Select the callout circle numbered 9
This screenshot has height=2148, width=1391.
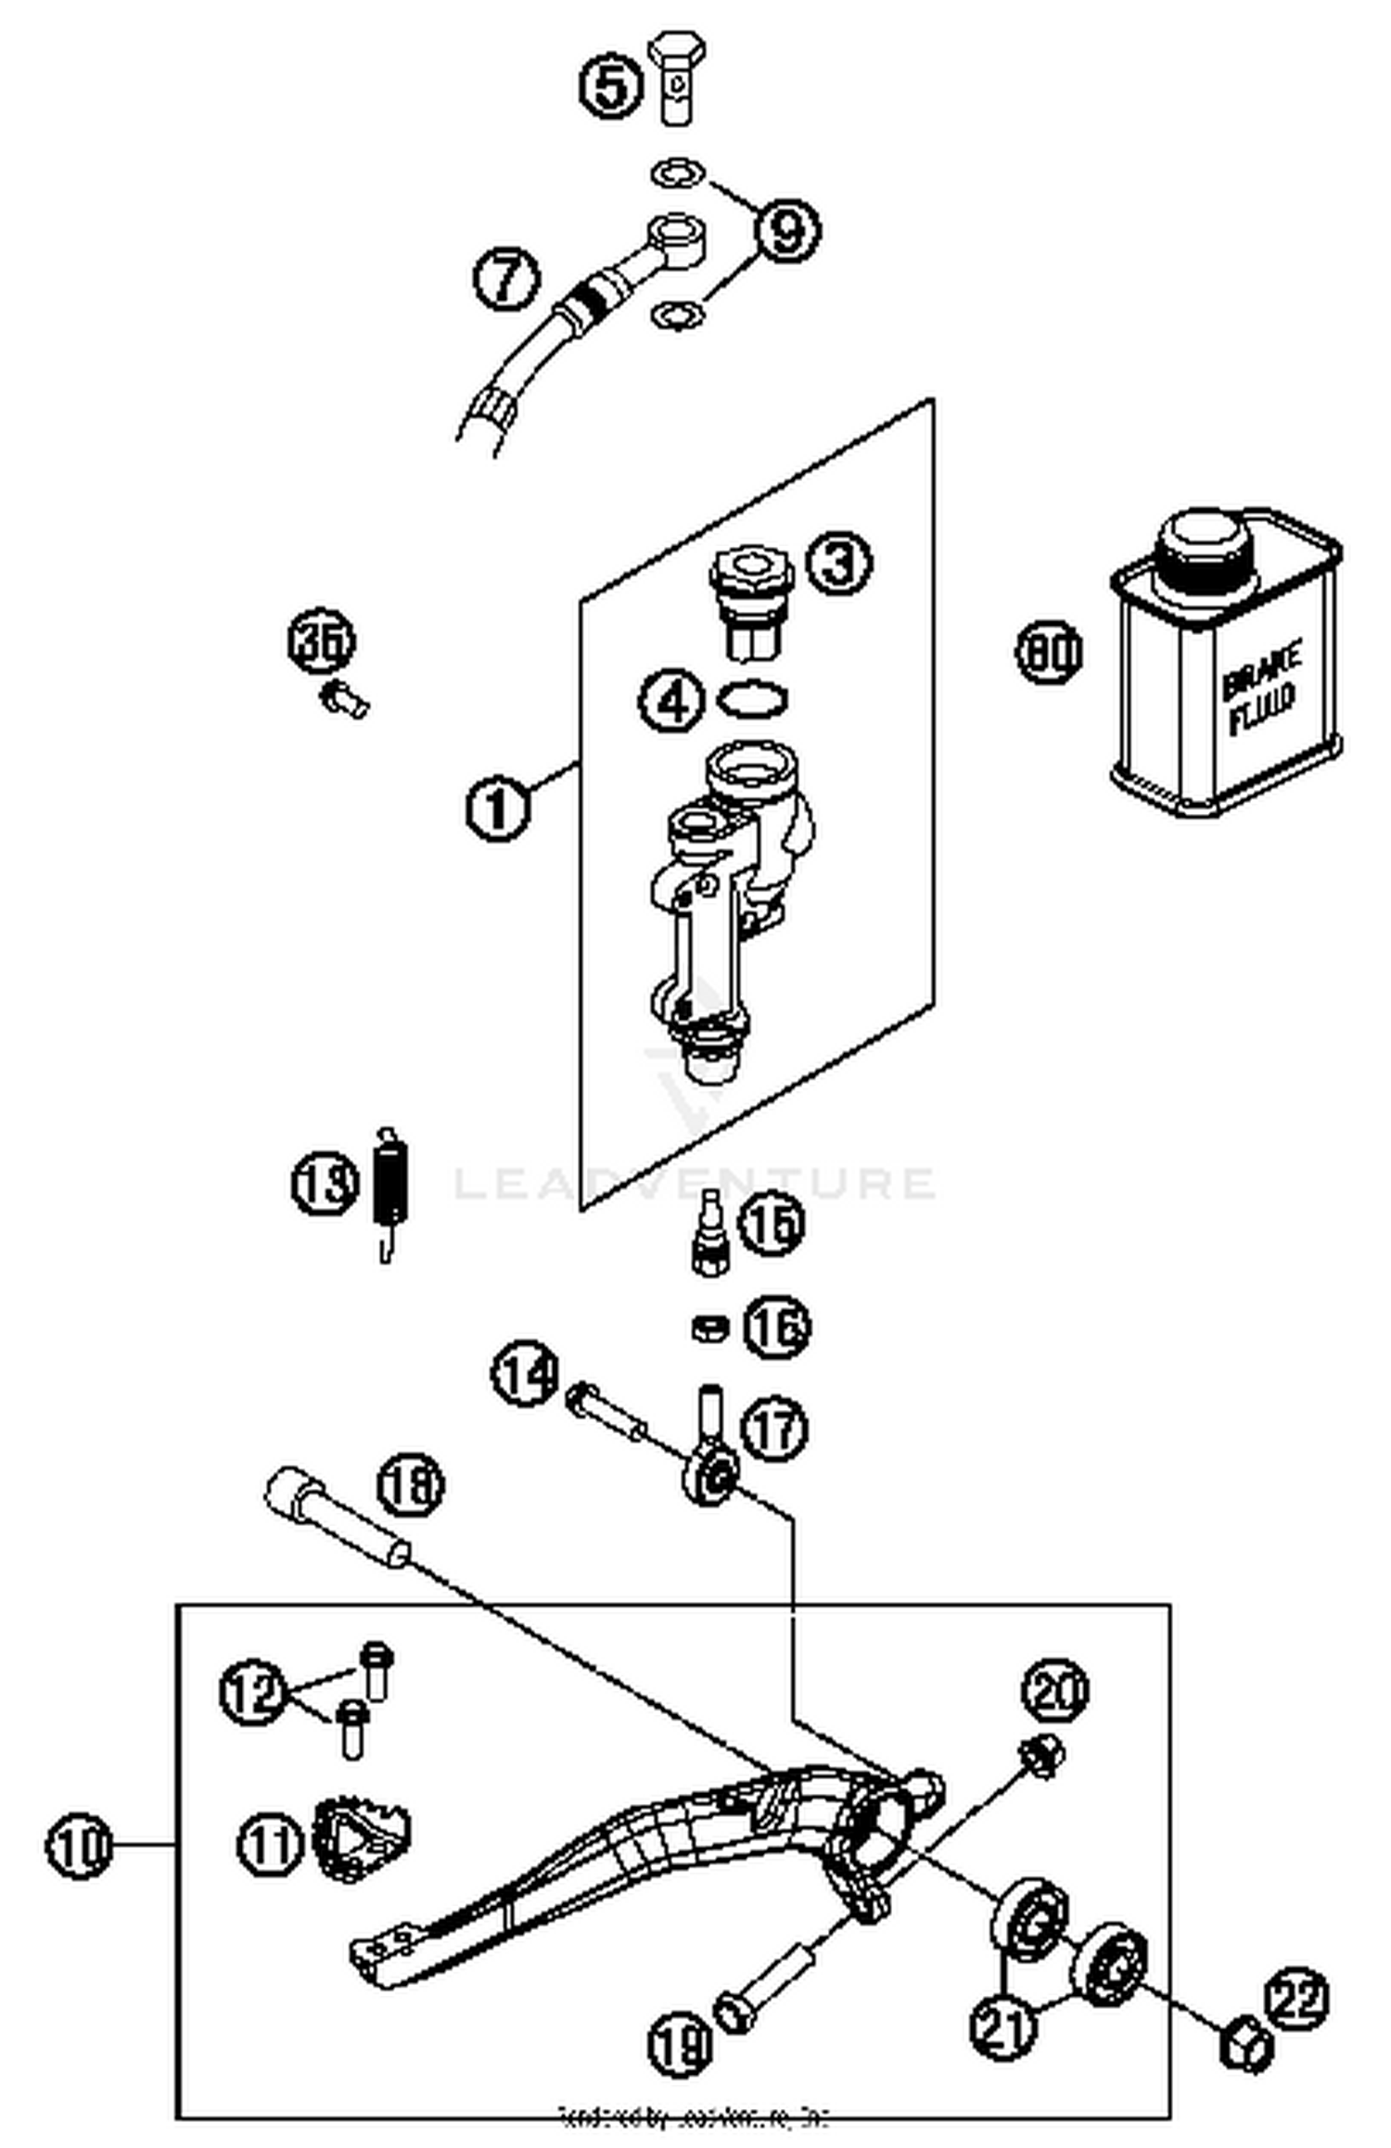[787, 229]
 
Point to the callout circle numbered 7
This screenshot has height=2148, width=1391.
[506, 277]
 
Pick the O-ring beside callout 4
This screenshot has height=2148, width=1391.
[753, 699]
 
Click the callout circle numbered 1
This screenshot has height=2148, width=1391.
[498, 807]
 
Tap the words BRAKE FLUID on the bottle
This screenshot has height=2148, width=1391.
[1261, 688]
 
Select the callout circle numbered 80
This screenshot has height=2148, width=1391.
[1048, 652]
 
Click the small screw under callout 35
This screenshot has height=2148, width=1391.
[344, 697]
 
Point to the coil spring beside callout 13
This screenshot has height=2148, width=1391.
[390, 1188]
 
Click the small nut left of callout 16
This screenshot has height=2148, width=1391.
[709, 1328]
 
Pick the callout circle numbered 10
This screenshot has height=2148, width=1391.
[79, 1846]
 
